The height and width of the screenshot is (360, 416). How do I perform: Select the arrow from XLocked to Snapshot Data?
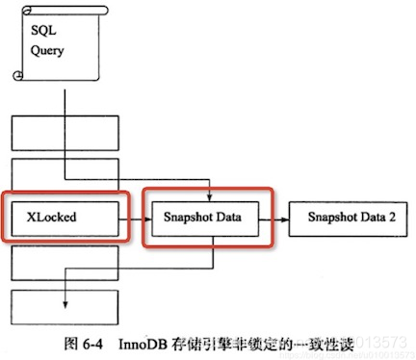click(132, 219)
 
